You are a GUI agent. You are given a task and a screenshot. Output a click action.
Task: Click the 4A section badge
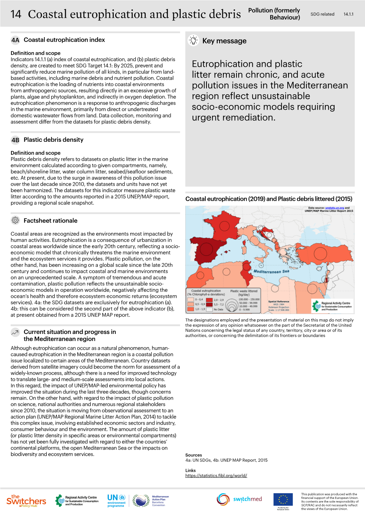click(x=15, y=40)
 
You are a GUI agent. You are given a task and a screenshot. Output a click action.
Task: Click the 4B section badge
click(x=15, y=140)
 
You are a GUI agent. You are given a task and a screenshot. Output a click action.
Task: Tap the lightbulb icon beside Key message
click(x=193, y=40)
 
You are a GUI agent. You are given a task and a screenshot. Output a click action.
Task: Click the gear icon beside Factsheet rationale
click(x=15, y=220)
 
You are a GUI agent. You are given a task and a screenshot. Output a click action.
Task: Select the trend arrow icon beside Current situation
click(x=15, y=332)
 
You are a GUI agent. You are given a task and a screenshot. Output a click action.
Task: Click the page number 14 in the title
click(x=16, y=14)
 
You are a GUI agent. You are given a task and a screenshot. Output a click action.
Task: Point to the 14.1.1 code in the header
click(x=348, y=14)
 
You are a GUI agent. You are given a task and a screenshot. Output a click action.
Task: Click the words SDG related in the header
click(x=322, y=14)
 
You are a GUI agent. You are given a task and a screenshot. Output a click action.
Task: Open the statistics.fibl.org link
click(x=216, y=476)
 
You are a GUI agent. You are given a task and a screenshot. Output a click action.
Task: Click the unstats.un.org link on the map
click(x=335, y=208)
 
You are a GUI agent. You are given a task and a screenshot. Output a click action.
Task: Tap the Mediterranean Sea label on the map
click(x=271, y=271)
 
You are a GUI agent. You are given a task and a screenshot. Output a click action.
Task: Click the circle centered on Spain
click(x=206, y=249)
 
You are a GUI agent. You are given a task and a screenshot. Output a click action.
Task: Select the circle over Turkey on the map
click(x=320, y=253)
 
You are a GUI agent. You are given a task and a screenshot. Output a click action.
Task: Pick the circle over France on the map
click(x=224, y=226)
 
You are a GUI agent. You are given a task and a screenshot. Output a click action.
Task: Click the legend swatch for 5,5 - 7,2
click(x=209, y=305)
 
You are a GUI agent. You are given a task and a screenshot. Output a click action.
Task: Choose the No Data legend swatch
click(x=209, y=309)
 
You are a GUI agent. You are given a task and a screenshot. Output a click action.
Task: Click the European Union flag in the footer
click(x=283, y=499)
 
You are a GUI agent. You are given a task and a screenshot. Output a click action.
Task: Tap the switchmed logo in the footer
click(x=239, y=499)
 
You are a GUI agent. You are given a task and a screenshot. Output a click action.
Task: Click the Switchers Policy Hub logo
click(x=26, y=501)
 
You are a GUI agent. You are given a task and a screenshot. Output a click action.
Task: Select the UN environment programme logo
click(x=116, y=500)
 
